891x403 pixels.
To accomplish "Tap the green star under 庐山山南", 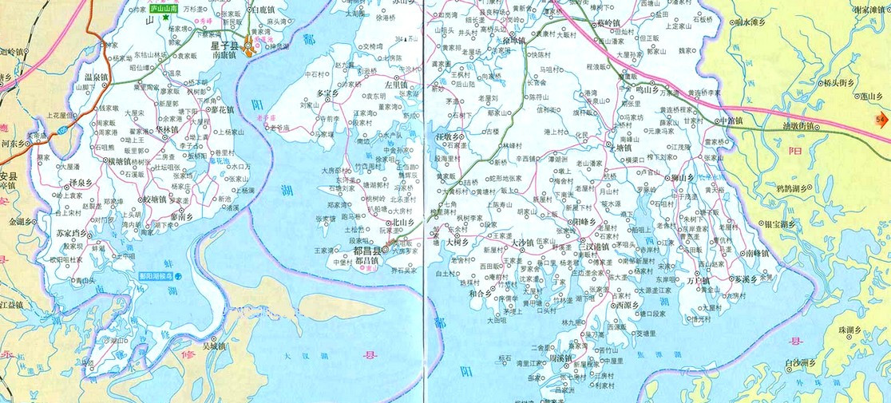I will click(x=166, y=17).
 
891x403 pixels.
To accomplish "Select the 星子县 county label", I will click(x=224, y=46).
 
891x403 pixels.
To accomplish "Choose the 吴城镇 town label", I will click(x=215, y=346).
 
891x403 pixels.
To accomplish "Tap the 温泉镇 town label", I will click(x=97, y=77).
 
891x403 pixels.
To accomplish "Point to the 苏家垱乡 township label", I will click(x=71, y=233).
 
